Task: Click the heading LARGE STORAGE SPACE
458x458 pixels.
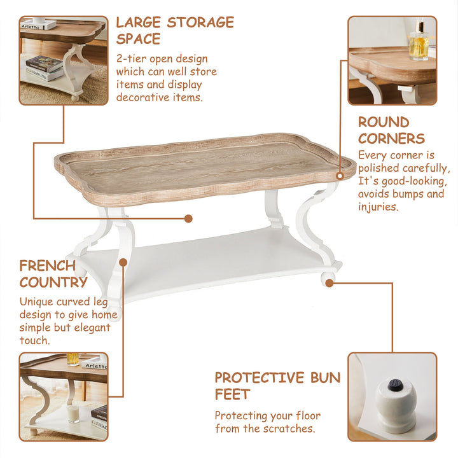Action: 174,30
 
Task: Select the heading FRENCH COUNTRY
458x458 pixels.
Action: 47,274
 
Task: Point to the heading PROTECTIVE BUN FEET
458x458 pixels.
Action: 277,385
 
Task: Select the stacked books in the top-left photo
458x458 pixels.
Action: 44,67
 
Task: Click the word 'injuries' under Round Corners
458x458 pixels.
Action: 378,207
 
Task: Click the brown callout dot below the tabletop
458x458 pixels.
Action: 188,218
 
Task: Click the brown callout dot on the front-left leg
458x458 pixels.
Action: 123,261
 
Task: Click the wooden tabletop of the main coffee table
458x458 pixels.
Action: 204,167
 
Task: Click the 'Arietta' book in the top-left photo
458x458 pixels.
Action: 31,26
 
